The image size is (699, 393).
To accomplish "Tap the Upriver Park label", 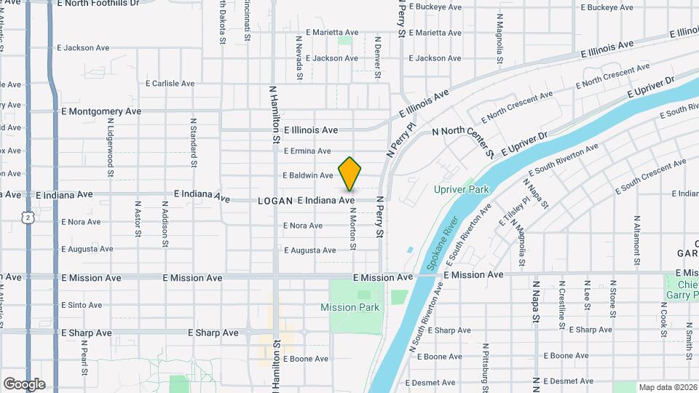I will pos(462,189).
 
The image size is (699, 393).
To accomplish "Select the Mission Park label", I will pos(349,307).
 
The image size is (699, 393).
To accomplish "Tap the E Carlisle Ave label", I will pos(170,84).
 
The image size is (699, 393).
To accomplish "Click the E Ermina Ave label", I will pos(307,151).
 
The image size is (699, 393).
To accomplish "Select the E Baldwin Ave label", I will pos(307,175).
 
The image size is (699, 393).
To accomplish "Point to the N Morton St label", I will pos(352,229).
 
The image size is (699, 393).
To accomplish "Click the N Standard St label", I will pos(194,143).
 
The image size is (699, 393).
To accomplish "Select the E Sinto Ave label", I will pos(82,305).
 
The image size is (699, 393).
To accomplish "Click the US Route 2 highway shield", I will pos(27,217).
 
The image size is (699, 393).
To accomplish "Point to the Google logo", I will pos(24,384).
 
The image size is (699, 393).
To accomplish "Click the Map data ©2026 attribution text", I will pos(667,387).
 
